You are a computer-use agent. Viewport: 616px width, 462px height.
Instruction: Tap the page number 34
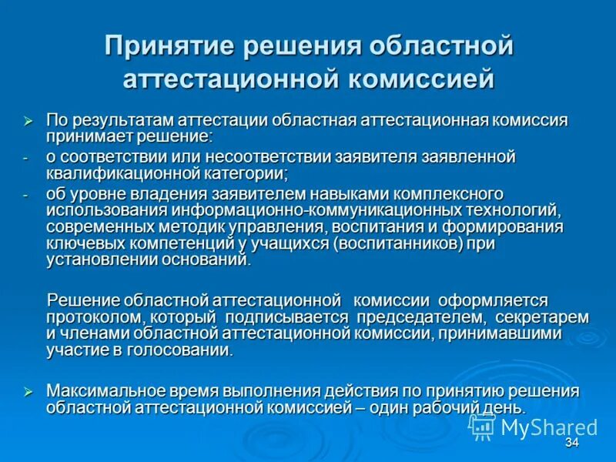coord(571,444)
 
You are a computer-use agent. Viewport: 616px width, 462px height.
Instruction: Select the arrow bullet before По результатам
coord(28,121)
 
